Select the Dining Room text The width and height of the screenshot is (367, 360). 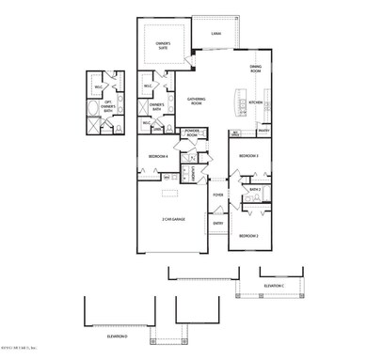[255, 67]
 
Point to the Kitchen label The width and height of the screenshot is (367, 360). [255, 102]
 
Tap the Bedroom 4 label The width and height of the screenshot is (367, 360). [158, 156]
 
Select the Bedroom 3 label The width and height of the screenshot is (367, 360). [248, 155]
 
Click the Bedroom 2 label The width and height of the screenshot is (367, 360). [248, 235]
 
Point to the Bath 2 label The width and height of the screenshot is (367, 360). [255, 189]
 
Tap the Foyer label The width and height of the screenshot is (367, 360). [217, 195]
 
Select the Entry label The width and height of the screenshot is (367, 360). [217, 223]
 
